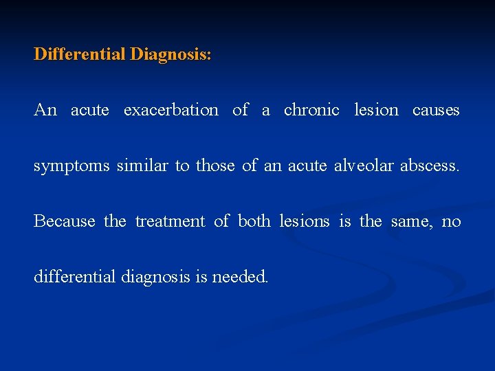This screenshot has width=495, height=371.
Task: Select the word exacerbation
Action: click(171, 110)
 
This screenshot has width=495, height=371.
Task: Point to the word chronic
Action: click(311, 110)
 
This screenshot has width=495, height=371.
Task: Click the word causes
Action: click(436, 110)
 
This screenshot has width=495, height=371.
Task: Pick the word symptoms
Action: click(72, 166)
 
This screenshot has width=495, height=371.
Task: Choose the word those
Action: click(216, 166)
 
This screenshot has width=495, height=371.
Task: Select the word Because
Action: click(65, 221)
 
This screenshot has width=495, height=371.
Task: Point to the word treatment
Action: click(170, 221)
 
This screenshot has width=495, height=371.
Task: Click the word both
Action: click(254, 221)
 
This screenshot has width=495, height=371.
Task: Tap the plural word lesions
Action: click(304, 221)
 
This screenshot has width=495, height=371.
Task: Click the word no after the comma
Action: click(451, 221)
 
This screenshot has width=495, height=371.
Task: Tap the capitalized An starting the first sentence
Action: click(45, 110)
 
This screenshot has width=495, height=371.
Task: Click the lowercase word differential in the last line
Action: click(75, 277)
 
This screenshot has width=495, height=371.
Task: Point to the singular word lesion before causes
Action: click(376, 110)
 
